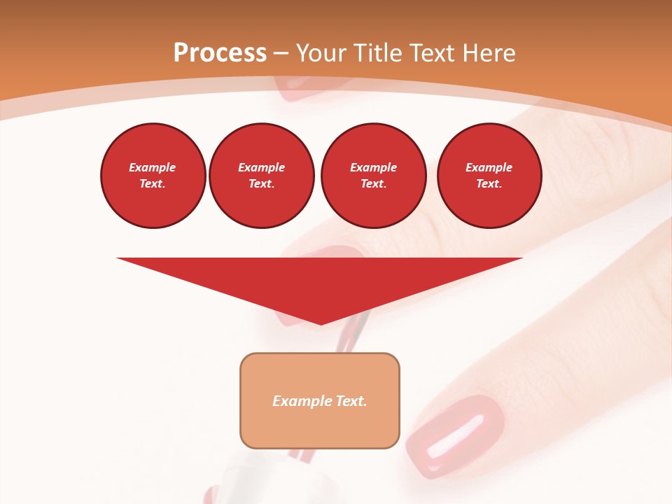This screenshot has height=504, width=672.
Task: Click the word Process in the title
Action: (x=220, y=53)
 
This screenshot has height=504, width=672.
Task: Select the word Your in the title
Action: (x=321, y=53)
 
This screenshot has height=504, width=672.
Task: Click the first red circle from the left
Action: (x=153, y=176)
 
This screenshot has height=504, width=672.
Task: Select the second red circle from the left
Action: (x=261, y=176)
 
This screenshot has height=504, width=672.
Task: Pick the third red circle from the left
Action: (x=373, y=176)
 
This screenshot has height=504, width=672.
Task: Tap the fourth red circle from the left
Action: (x=489, y=176)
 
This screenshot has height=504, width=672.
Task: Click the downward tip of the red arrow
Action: (x=320, y=323)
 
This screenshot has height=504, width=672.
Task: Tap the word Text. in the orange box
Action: (x=350, y=401)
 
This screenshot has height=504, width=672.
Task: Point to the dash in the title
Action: (x=281, y=53)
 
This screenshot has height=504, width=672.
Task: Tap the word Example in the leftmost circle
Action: (x=153, y=167)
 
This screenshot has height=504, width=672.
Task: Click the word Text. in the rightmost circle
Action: (x=489, y=183)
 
